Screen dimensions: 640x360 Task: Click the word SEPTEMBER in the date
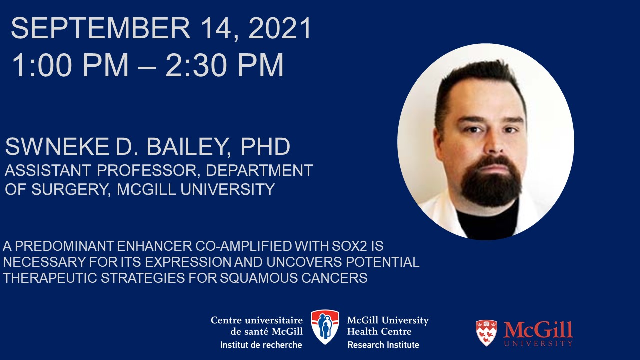pos(101,28)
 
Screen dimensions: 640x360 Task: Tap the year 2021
pos(280,28)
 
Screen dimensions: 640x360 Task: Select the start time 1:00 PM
pos(70,65)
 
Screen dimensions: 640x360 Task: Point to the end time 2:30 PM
pos(225,65)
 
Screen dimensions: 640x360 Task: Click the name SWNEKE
pos(57,146)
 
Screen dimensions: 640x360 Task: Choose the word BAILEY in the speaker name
pos(187,147)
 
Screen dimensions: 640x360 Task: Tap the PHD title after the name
pos(265,146)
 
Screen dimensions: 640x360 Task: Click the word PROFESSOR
pos(147,170)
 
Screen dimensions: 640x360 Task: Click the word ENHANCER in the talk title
pos(154,246)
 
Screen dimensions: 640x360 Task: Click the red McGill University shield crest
pos(486,333)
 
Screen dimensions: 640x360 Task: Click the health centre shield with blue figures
pos(325,327)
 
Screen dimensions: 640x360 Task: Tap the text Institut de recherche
pos(261,345)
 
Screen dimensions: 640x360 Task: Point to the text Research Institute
pos(383,345)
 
